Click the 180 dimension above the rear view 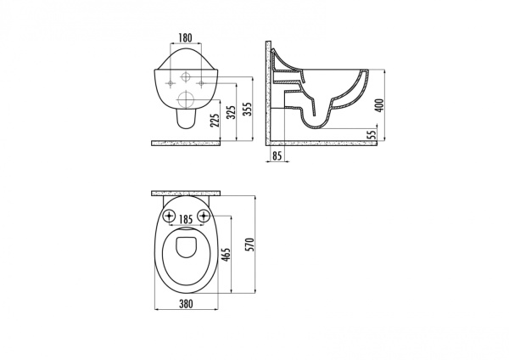(x=186, y=37)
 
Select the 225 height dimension (x=216, y=116)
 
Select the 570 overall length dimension (x=248, y=243)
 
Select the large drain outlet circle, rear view (x=186, y=100)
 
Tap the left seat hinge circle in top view (x=168, y=214)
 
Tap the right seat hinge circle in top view (x=204, y=214)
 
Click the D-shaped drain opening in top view (x=186, y=248)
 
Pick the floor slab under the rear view (x=186, y=143)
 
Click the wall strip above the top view (x=186, y=194)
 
